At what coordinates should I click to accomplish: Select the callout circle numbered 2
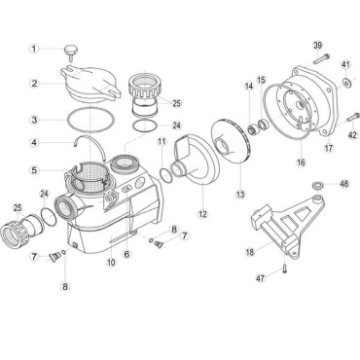click(34, 84)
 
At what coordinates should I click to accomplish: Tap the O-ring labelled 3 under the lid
click(90, 120)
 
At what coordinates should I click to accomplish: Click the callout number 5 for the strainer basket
click(34, 170)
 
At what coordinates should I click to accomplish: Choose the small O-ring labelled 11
click(166, 176)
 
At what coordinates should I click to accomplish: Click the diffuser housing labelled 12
click(194, 162)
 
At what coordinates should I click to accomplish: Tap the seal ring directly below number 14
click(252, 130)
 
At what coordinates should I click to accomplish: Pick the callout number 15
click(261, 80)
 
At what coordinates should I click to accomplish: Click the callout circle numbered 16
click(301, 162)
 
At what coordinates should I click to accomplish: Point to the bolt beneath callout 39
click(321, 58)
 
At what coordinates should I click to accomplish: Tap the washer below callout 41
click(345, 84)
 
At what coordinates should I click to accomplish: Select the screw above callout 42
click(353, 117)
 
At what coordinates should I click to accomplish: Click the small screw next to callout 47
click(284, 269)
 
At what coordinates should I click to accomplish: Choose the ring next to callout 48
click(317, 186)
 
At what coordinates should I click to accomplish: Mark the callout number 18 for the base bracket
click(250, 252)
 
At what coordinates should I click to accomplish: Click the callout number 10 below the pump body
click(111, 262)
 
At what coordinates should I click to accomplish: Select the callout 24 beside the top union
click(177, 126)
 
